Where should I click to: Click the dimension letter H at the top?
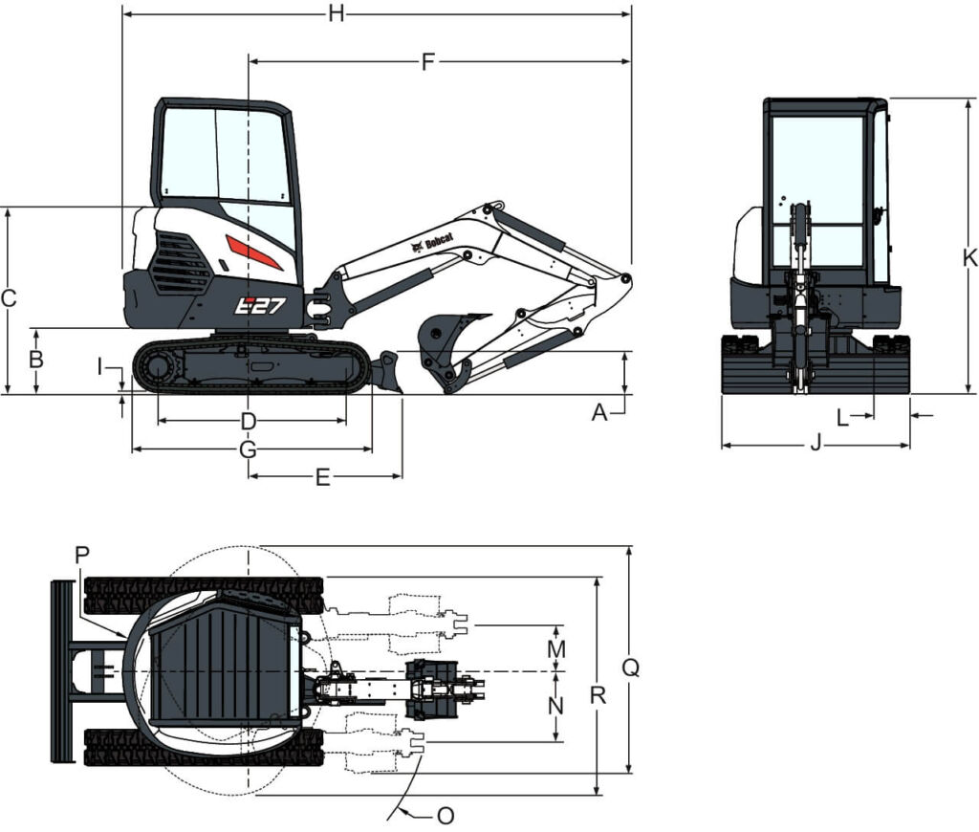tap(336, 13)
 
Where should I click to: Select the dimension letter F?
tap(428, 62)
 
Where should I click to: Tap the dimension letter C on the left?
tap(8, 298)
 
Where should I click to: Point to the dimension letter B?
tap(36, 360)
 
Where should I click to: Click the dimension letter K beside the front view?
tap(969, 257)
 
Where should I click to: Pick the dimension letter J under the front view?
tap(816, 444)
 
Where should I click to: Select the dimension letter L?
tap(841, 417)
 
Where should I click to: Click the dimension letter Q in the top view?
tap(630, 668)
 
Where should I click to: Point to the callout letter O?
tap(445, 816)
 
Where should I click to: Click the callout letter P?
tap(81, 555)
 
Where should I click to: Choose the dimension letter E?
tap(323, 477)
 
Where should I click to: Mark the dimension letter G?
tap(248, 449)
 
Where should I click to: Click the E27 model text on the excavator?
tap(261, 305)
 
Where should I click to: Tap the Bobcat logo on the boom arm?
tap(433, 244)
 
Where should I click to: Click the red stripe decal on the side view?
tap(253, 252)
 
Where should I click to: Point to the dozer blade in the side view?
tap(386, 372)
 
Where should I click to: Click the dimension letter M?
tap(556, 648)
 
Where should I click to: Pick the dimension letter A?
tap(599, 412)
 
